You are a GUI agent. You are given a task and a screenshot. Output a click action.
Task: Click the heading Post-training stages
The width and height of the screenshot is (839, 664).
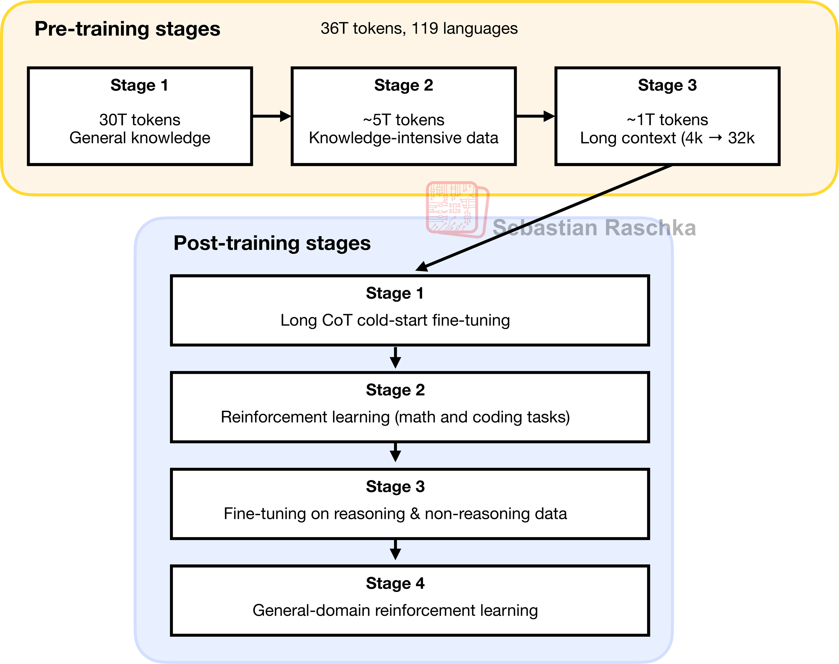pyautogui.click(x=272, y=243)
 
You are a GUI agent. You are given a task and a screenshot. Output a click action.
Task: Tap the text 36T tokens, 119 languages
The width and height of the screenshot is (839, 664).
pyautogui.click(x=419, y=29)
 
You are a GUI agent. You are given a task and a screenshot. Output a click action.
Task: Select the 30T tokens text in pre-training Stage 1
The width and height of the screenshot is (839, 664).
pyautogui.click(x=139, y=120)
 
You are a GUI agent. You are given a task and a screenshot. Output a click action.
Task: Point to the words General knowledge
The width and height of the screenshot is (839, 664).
pyautogui.click(x=139, y=138)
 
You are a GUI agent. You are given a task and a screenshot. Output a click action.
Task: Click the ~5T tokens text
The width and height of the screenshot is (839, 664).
pyautogui.click(x=403, y=120)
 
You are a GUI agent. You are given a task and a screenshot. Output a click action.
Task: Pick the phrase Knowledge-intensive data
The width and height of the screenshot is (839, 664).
pyautogui.click(x=403, y=138)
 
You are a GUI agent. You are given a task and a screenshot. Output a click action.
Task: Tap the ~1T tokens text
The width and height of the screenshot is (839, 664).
pyautogui.click(x=667, y=120)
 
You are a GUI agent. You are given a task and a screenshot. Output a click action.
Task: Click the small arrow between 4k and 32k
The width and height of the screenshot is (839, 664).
pyautogui.click(x=715, y=138)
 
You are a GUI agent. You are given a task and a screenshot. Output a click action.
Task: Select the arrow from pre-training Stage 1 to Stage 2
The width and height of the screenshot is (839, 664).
pyautogui.click(x=271, y=116)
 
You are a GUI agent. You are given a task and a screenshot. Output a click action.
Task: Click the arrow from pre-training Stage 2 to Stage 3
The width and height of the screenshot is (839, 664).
pyautogui.click(x=535, y=116)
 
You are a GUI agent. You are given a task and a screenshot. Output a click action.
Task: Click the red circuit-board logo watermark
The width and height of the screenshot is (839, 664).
pyautogui.click(x=457, y=209)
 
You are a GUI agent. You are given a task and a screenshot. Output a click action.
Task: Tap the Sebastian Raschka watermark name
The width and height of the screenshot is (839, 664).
pyautogui.click(x=594, y=228)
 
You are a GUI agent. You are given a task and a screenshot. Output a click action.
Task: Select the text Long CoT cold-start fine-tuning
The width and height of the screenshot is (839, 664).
pyautogui.click(x=395, y=320)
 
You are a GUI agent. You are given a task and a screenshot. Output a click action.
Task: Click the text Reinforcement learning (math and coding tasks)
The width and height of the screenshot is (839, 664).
pyautogui.click(x=395, y=417)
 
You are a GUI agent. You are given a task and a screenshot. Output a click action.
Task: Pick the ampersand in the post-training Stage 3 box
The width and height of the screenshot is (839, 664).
pyautogui.click(x=415, y=514)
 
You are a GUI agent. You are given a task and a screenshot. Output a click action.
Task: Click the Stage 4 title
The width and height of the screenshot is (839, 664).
pyautogui.click(x=395, y=583)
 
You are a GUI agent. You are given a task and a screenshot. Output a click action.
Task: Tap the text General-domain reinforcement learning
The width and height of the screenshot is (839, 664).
pyautogui.click(x=395, y=610)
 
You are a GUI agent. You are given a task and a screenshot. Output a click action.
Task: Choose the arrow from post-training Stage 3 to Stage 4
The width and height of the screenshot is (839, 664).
pyautogui.click(x=395, y=550)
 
